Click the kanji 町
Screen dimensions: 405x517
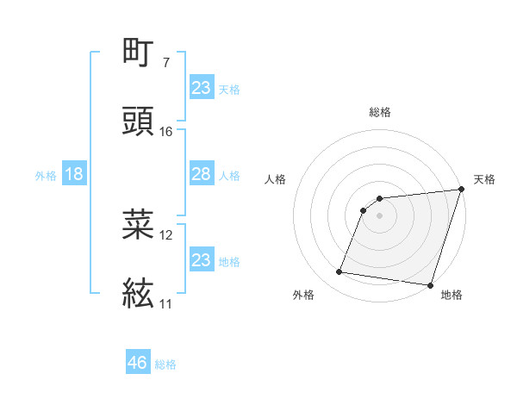[139, 51]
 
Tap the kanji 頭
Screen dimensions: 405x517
[139, 121]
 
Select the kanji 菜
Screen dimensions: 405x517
[139, 224]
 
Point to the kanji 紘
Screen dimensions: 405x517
[139, 293]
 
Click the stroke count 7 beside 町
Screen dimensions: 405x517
[165, 62]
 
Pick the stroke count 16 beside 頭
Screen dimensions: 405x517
[166, 132]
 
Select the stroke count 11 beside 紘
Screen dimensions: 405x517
[166, 303]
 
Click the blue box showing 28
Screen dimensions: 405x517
[201, 175]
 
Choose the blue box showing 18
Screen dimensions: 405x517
[74, 175]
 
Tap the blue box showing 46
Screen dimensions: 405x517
[138, 363]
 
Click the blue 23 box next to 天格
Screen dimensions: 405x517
[201, 88]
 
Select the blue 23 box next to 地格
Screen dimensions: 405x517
[201, 260]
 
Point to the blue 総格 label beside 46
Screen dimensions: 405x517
[165, 364]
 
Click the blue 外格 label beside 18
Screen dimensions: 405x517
[46, 176]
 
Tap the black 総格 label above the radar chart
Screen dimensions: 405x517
[380, 112]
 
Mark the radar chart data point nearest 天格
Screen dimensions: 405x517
[462, 190]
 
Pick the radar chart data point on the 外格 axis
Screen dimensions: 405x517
[339, 272]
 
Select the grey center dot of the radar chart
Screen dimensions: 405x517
[380, 215]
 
